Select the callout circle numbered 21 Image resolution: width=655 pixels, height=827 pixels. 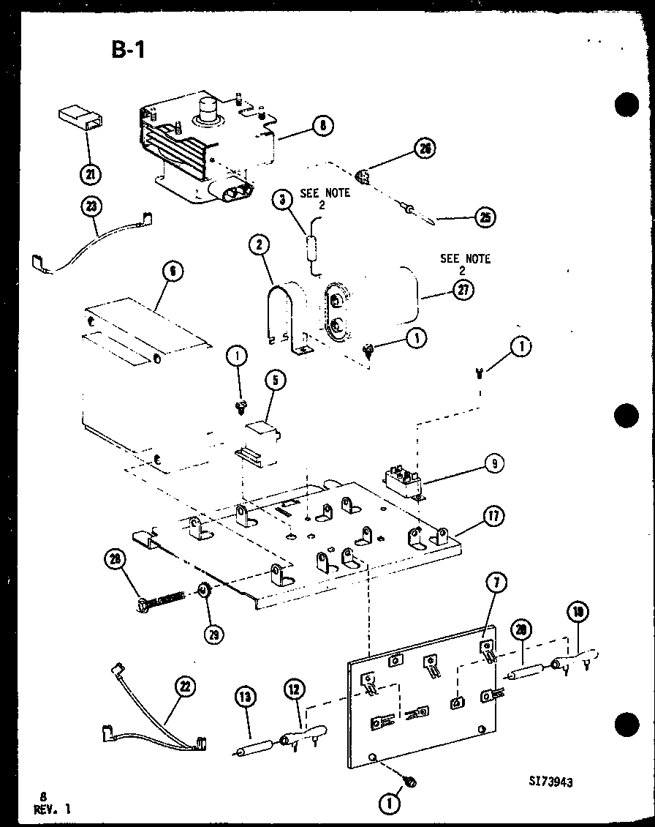click(x=91, y=174)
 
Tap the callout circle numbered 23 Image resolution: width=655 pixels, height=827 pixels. click(x=91, y=208)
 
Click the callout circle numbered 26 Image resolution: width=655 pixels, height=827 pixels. click(x=424, y=149)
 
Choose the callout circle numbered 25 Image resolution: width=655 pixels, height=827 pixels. click(x=484, y=217)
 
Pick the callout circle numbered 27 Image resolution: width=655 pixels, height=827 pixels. click(x=463, y=290)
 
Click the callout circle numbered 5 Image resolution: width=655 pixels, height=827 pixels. click(x=276, y=380)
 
